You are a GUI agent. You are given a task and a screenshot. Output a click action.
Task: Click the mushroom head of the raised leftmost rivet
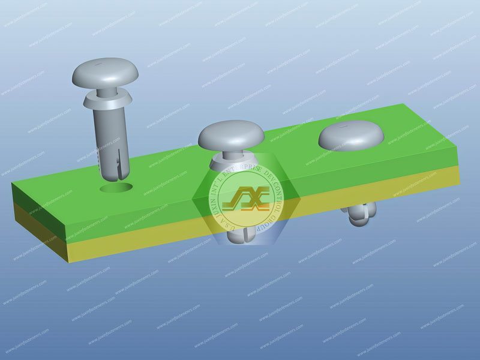tap(105, 71)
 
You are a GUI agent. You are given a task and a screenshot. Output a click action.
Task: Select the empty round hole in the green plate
tap(117, 188)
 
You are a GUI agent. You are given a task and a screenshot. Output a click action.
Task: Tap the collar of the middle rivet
tap(231, 162)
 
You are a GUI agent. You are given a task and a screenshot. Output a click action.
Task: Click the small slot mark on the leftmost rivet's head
tap(95, 62)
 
